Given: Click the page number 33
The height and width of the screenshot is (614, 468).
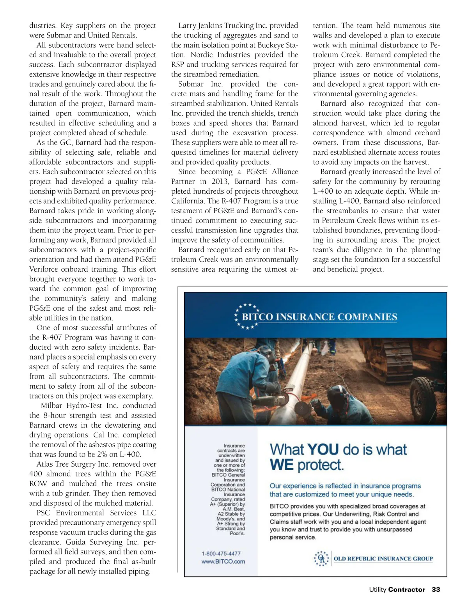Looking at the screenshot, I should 436,589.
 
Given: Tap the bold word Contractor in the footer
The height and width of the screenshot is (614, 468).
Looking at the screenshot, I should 406,589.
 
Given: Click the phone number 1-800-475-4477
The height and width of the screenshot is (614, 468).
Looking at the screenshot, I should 221,553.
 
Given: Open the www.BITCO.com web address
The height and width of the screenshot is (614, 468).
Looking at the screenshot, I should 223,561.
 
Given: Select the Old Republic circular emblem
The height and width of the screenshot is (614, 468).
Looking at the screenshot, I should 322,559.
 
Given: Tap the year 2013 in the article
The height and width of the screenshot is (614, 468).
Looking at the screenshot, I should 220,181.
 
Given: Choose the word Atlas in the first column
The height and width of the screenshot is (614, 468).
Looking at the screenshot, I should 46,464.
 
